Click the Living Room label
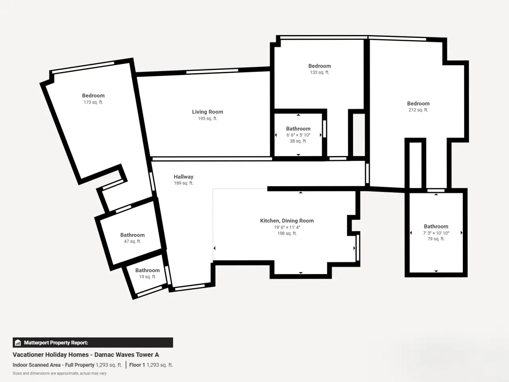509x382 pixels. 208,112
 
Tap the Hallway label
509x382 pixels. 183,177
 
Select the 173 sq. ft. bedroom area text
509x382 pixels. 93,102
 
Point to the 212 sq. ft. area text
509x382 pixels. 418,110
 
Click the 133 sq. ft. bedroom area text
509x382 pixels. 320,72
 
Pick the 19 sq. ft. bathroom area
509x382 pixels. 148,277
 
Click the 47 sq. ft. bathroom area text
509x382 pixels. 132,241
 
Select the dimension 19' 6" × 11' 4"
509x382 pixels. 287,227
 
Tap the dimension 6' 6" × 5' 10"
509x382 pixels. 298,135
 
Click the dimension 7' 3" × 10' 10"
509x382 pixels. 436,233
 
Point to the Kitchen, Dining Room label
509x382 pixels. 287,221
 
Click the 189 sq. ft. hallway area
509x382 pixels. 183,183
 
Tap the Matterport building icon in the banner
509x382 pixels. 18,343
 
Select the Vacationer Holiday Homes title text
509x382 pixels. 51,355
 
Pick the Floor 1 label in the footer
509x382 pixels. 137,365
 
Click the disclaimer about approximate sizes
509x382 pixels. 60,373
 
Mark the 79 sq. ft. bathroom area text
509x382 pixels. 436,239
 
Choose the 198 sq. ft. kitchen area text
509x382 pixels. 287,233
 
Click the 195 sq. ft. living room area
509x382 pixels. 208,118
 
